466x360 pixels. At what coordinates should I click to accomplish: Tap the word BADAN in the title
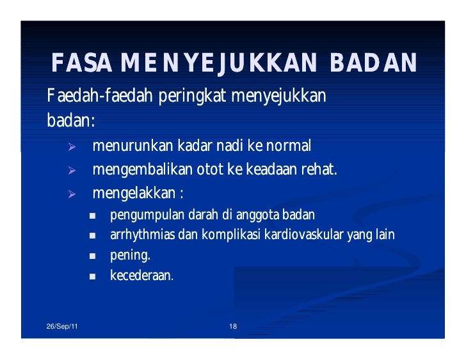pyautogui.click(x=374, y=63)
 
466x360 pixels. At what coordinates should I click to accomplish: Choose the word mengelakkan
pyautogui.click(x=134, y=193)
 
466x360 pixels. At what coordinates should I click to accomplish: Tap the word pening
pyautogui.click(x=130, y=256)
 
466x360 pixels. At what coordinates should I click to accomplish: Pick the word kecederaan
pyautogui.click(x=141, y=277)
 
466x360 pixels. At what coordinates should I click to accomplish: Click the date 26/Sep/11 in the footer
pyautogui.click(x=63, y=327)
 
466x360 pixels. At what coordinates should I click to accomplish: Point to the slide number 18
pyautogui.click(x=233, y=327)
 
